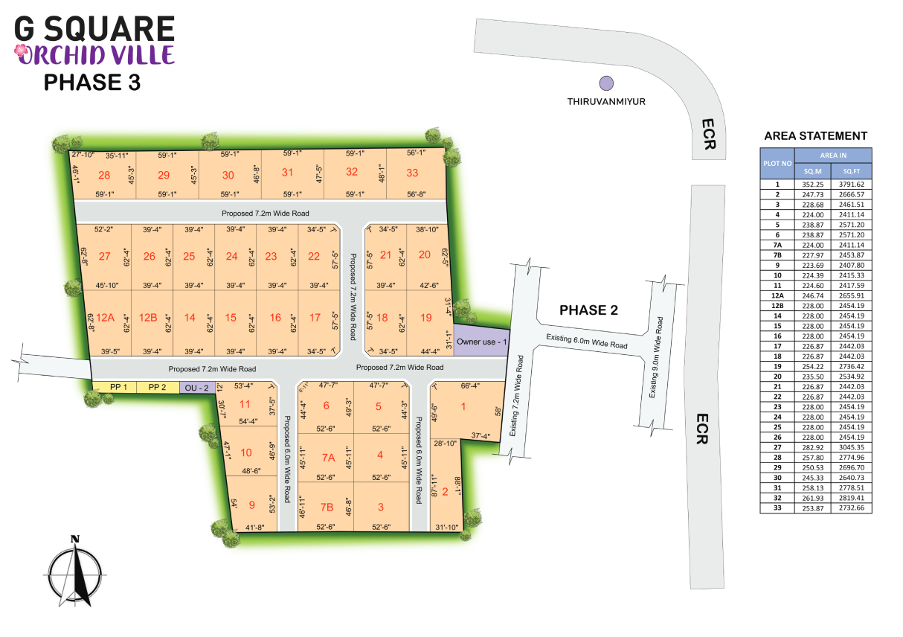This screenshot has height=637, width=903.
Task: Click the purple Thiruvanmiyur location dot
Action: point(607,83)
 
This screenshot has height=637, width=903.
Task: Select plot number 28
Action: point(104,176)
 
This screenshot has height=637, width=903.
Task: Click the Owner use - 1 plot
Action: point(482,342)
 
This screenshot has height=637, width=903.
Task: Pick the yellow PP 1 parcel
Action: point(119,387)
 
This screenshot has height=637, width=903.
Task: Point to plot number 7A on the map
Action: point(327,456)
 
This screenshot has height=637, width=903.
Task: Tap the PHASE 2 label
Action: point(588,310)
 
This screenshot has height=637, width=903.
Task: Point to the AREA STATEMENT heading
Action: point(815,136)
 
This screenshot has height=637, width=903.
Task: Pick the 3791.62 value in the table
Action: point(851,184)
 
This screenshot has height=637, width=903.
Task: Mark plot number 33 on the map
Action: point(413,173)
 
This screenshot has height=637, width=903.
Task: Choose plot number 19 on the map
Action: point(426,318)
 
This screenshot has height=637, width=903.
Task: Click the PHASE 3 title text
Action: point(92,83)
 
